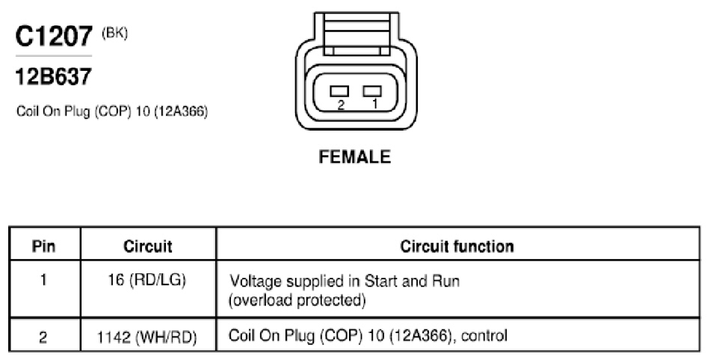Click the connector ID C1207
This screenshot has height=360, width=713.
coord(54,37)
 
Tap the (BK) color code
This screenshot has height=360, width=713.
coord(114,33)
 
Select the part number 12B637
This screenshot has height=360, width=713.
coord(54,76)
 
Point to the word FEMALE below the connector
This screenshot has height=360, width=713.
coord(355,157)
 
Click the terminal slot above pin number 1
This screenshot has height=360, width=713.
coord(372,91)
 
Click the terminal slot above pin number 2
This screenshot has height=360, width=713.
coord(339,91)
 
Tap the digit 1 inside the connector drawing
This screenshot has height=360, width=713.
coord(374,104)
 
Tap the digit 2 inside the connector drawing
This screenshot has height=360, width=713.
coord(341,105)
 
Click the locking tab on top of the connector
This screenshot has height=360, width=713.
coord(356,34)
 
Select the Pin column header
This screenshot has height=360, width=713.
coord(44,246)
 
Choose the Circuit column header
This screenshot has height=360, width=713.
coord(148,246)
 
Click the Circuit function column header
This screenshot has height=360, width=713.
coord(457,246)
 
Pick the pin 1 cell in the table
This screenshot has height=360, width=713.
coord(43,279)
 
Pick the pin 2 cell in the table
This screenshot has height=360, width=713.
coord(43,338)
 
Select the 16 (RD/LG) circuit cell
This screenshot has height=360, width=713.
coord(147,280)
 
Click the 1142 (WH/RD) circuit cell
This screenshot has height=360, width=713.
coord(147,338)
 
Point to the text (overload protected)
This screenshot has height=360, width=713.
coord(297,300)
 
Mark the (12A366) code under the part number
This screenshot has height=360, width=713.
coord(181,111)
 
